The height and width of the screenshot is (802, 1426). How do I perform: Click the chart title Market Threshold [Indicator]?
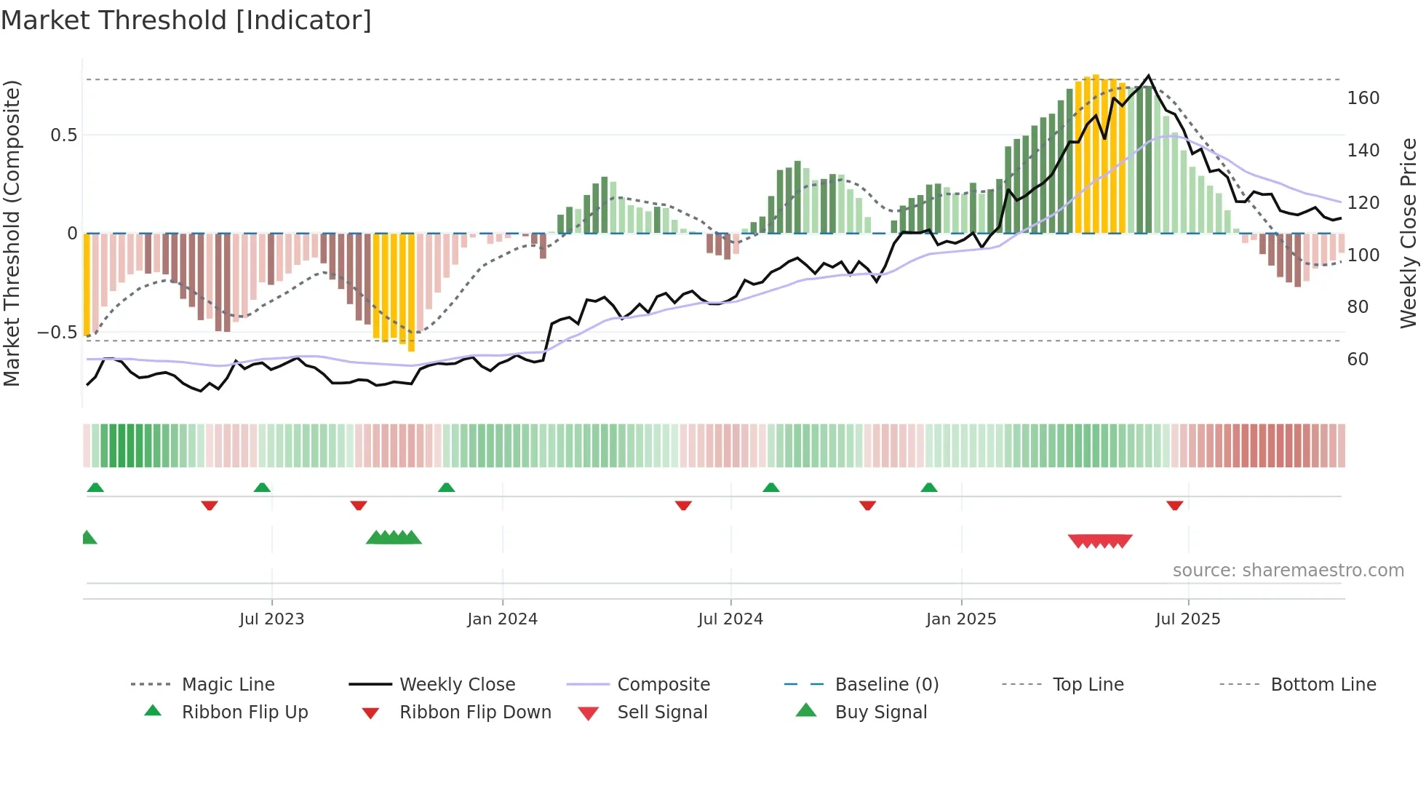tap(186, 20)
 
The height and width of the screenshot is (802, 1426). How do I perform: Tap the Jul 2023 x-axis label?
tap(271, 619)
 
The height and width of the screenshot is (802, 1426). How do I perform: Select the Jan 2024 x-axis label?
tap(502, 619)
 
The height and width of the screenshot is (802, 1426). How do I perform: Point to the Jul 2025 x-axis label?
tap(1187, 619)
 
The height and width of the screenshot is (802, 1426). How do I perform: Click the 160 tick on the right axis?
tap(1363, 98)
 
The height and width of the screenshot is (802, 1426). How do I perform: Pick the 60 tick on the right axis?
tap(1358, 360)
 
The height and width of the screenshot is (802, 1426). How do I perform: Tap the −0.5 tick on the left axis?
tap(57, 333)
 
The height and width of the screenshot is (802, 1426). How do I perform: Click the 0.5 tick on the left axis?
tap(63, 135)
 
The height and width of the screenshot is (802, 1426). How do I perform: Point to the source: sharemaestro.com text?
tap(1288, 571)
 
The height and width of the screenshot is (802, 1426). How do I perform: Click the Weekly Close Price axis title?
tap(1409, 233)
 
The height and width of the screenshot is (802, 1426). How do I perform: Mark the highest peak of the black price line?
tap(1149, 76)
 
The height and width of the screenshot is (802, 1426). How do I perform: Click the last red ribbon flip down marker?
tap(1174, 505)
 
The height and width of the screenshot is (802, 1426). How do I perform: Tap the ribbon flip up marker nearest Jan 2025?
tap(929, 488)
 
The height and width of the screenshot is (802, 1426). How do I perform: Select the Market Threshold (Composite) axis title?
tap(12, 233)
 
